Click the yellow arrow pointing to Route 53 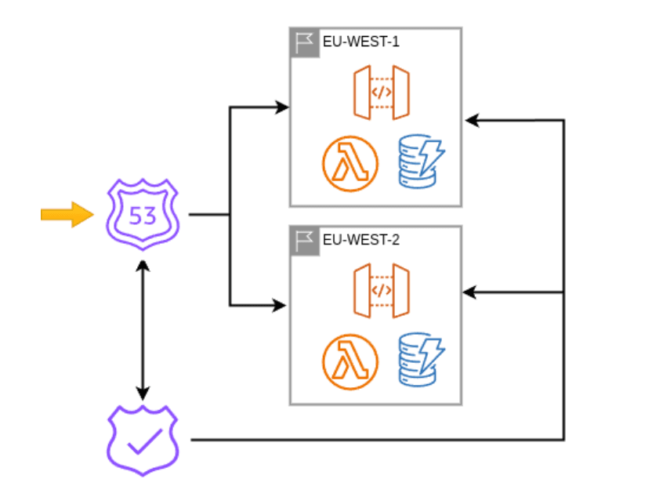pyautogui.click(x=67, y=213)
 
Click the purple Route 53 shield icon pyautogui.click(x=142, y=213)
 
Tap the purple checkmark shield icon pyautogui.click(x=142, y=440)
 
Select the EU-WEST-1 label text pyautogui.click(x=361, y=42)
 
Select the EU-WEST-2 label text pyautogui.click(x=361, y=240)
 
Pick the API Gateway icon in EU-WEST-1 pyautogui.click(x=381, y=92)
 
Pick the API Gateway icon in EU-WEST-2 pyautogui.click(x=381, y=291)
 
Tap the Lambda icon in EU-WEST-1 pyautogui.click(x=350, y=164)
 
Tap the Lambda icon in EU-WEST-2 pyautogui.click(x=350, y=361)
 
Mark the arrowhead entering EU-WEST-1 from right pyautogui.click(x=470, y=120)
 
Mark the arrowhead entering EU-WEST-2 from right pyautogui.click(x=469, y=292)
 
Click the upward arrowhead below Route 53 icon pyautogui.click(x=142, y=265)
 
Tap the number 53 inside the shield pyautogui.click(x=142, y=215)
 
